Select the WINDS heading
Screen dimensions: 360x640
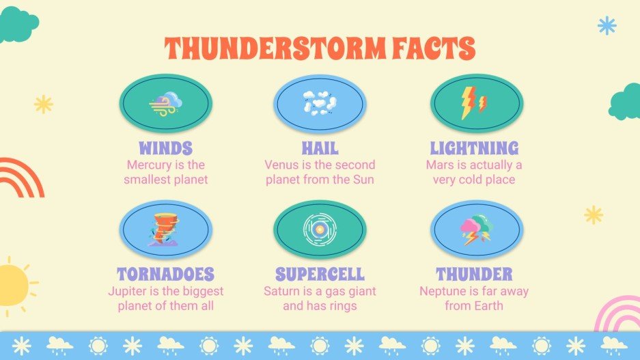pos(165,148)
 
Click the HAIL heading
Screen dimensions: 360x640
pos(320,148)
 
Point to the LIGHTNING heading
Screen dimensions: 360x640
pos(474,148)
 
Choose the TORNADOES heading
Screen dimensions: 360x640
pos(165,275)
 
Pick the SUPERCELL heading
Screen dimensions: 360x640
pos(320,275)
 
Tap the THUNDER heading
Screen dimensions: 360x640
pos(474,275)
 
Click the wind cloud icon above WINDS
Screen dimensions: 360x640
pos(165,104)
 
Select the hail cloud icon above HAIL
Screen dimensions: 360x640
pos(320,104)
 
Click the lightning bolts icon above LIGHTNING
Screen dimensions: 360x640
pos(473,104)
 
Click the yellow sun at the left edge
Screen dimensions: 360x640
pos(12,285)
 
